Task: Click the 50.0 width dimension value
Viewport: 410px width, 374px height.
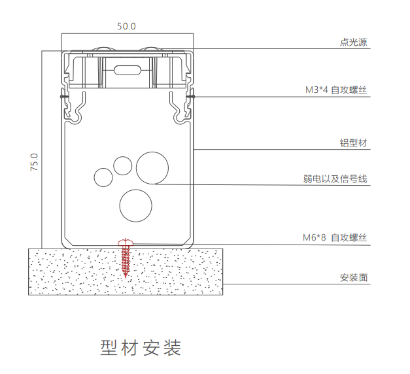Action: (126, 26)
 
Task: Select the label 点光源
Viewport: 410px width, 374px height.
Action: (354, 43)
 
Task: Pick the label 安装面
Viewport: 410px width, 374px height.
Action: (354, 277)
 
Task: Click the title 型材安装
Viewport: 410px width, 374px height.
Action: (141, 347)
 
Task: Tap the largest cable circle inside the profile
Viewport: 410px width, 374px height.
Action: (152, 167)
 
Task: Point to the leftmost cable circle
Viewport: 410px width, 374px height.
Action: (103, 177)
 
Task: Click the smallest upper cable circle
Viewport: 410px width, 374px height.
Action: (122, 165)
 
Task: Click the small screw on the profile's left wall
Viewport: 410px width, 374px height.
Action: (63, 97)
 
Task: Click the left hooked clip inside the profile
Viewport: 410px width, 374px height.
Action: (77, 108)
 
